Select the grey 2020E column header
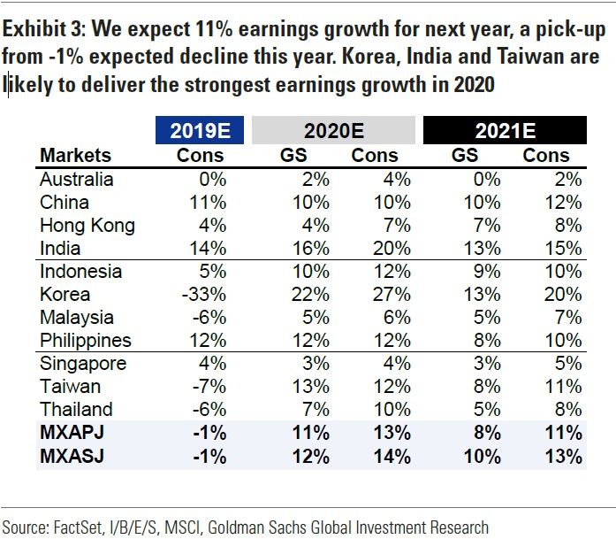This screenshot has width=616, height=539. click(x=333, y=130)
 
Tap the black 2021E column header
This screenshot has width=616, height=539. click(x=505, y=130)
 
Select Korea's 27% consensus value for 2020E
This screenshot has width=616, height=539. click(x=393, y=294)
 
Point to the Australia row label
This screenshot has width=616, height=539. click(x=77, y=179)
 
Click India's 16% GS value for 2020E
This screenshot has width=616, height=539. click(x=309, y=248)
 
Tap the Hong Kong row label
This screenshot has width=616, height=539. click(x=87, y=225)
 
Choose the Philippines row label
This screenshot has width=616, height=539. click(x=86, y=340)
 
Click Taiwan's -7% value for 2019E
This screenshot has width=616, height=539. click(x=209, y=386)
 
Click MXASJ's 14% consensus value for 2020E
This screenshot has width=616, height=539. click(x=392, y=457)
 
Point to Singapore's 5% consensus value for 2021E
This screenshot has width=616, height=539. click(x=569, y=363)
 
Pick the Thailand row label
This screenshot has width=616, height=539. click(x=76, y=409)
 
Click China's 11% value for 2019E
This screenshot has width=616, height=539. click(x=209, y=202)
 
